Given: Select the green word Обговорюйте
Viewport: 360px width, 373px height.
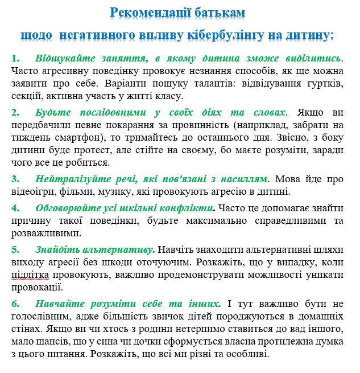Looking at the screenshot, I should point(66,208).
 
